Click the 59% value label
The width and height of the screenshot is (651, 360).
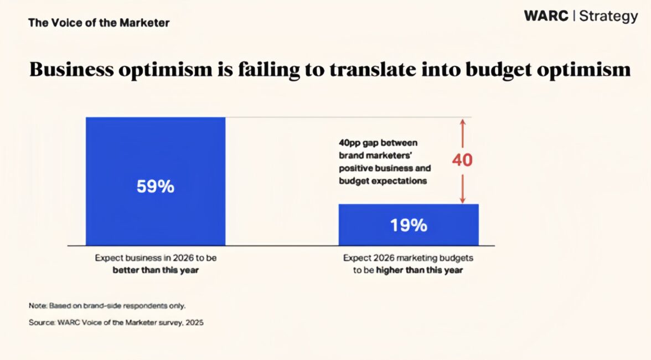(156, 187)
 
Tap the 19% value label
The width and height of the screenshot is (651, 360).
(409, 225)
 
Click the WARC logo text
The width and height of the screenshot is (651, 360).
(546, 16)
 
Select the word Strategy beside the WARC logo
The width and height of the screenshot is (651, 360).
(608, 17)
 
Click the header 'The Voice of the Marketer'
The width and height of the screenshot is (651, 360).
(99, 23)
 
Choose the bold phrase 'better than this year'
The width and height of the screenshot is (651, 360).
(155, 270)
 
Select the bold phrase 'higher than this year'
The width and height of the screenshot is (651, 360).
(420, 270)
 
